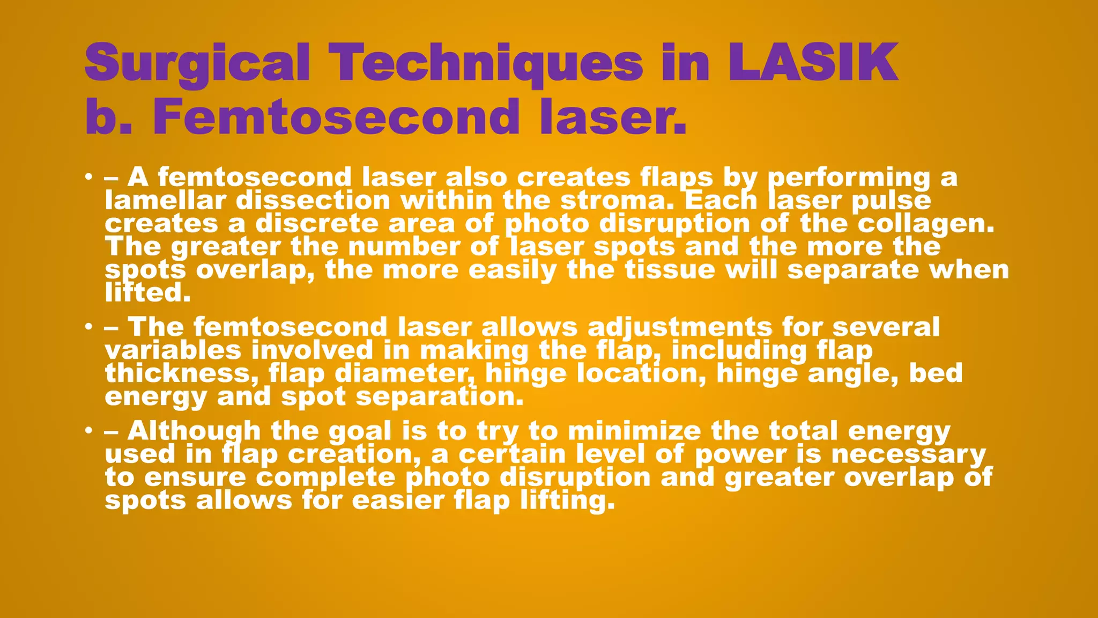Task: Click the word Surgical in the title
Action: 197,63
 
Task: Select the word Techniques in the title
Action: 486,63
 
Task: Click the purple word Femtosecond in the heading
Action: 336,116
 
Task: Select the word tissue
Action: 670,269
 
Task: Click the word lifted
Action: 147,292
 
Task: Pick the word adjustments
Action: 680,327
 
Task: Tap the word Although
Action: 194,431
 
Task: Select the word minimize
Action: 634,431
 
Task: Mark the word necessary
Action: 908,454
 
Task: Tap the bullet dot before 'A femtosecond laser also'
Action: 88,177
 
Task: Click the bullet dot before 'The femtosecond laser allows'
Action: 88,327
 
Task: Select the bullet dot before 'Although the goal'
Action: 88,431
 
